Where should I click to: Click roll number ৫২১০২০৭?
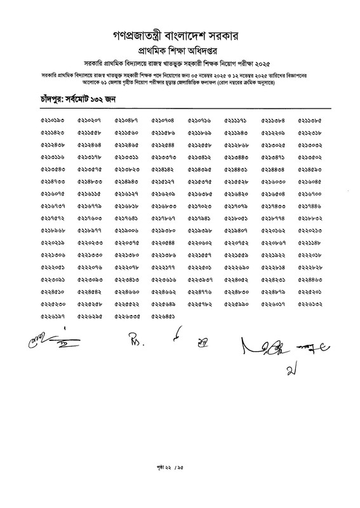(90, 121)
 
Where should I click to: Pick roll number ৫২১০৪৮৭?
(127, 121)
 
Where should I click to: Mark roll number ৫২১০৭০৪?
(164, 121)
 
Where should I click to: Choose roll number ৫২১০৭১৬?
(200, 121)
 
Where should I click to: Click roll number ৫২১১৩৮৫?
(310, 121)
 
